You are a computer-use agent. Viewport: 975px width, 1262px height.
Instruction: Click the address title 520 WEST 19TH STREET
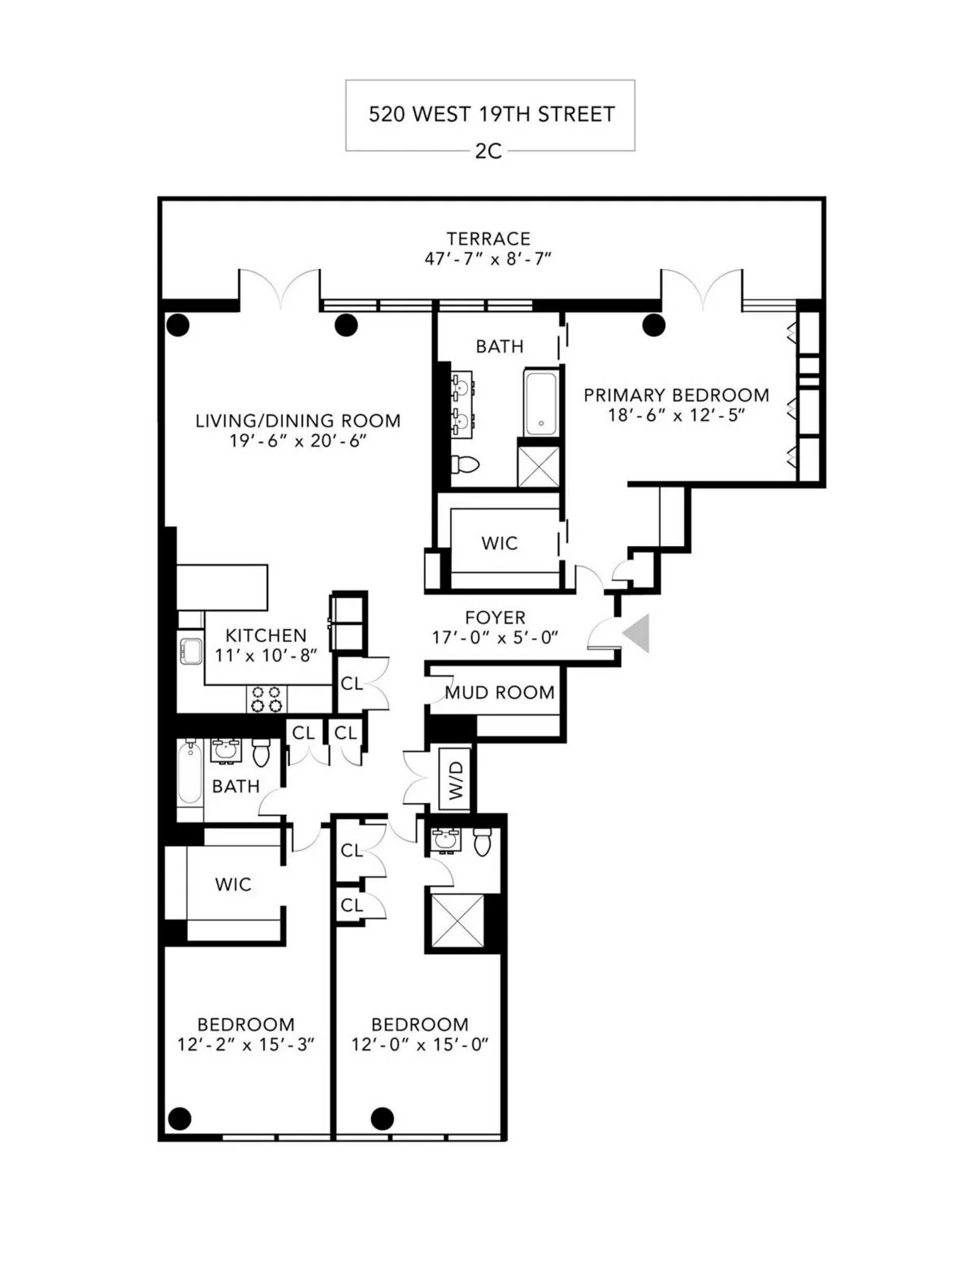(491, 114)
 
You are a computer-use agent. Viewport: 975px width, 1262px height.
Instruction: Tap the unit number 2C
(488, 151)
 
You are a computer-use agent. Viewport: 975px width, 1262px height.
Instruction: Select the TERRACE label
(488, 238)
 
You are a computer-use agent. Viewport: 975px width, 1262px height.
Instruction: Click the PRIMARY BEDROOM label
(676, 395)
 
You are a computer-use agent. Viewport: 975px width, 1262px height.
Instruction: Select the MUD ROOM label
(499, 692)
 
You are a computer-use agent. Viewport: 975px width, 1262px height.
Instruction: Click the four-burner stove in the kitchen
(266, 699)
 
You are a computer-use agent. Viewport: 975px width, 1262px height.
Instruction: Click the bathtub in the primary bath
(540, 403)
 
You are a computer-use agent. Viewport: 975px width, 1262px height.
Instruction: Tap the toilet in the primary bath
(465, 465)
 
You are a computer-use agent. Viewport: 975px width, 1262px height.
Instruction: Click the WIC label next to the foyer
(499, 543)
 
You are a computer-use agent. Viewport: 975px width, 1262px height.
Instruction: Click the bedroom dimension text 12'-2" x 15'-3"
(245, 1044)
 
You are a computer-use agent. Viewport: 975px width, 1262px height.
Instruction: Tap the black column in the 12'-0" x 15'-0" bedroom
(382, 1118)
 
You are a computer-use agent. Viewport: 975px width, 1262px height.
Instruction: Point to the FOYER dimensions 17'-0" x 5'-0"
(495, 638)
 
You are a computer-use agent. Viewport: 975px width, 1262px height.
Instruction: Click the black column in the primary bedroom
(653, 325)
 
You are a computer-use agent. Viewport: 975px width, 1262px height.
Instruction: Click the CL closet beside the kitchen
(352, 683)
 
